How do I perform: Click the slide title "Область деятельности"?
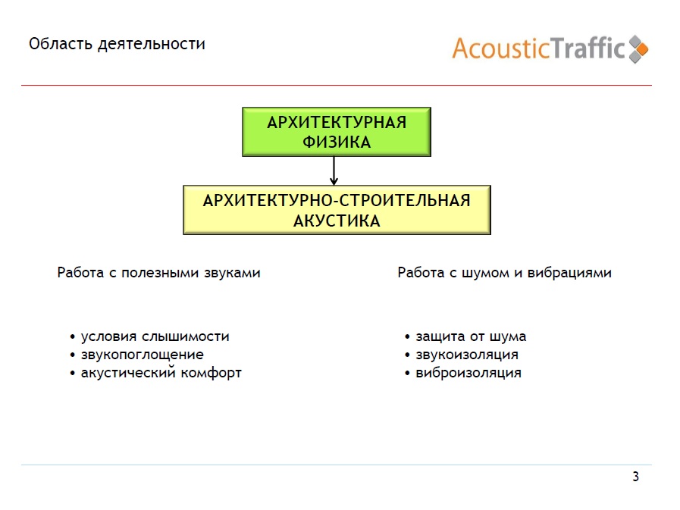(117, 44)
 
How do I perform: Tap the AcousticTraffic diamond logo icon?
(638, 49)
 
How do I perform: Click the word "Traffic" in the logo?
(588, 48)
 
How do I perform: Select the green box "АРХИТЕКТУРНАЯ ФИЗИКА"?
(337, 132)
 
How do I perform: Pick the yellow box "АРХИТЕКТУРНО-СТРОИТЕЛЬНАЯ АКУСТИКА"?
(337, 210)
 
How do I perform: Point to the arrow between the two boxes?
(334, 171)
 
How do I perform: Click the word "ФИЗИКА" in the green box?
(337, 142)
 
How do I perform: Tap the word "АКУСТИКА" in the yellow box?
(337, 221)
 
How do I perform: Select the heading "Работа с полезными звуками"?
(158, 273)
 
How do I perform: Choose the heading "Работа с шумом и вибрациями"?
(504, 273)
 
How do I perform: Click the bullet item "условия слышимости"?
(155, 336)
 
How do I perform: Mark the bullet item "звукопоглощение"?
(143, 355)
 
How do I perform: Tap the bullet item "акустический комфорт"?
(161, 373)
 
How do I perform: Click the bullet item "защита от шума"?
(471, 336)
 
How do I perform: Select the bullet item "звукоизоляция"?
(467, 355)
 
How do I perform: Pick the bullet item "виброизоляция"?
(468, 373)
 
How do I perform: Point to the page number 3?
(636, 477)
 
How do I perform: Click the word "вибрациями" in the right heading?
(569, 273)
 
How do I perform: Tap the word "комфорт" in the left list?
(212, 374)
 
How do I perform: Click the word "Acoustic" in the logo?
(501, 48)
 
